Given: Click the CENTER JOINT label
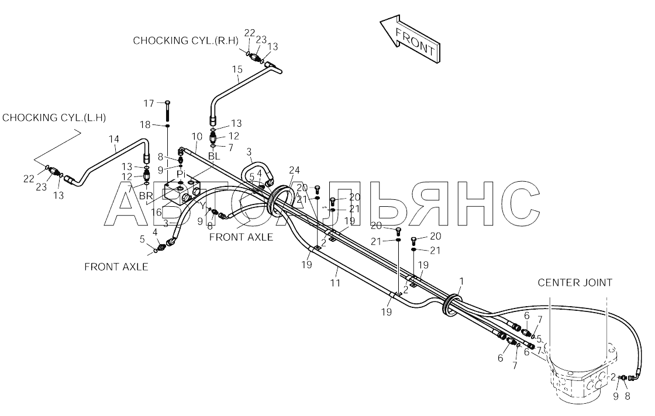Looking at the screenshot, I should tap(575, 283).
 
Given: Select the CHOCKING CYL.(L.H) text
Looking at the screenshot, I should tap(54, 117).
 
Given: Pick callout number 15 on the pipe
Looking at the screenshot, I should tap(236, 70).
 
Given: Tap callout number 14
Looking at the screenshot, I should tap(113, 138).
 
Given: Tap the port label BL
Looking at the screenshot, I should tap(214, 156).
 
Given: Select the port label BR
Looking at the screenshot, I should tap(146, 195).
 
